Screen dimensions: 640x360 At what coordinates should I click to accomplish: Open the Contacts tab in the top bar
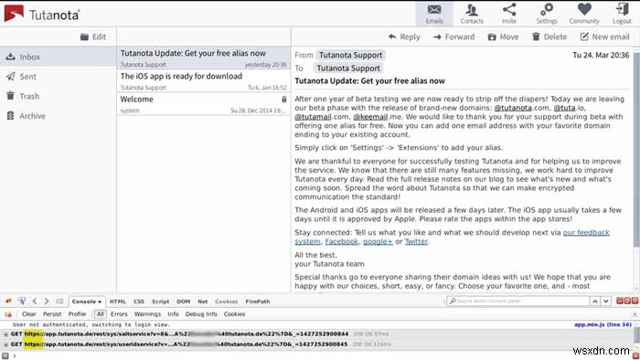click(472, 13)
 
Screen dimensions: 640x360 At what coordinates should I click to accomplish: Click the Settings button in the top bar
click(547, 13)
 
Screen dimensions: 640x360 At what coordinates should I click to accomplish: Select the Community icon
click(584, 13)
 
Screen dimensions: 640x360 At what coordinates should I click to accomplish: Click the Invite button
click(509, 13)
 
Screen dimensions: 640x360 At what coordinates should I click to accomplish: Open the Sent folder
click(28, 78)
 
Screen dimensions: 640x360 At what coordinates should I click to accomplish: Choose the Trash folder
click(29, 96)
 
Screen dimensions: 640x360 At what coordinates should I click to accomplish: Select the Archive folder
click(32, 116)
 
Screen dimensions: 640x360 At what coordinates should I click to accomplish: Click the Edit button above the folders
click(92, 37)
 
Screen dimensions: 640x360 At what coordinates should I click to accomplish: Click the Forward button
click(453, 37)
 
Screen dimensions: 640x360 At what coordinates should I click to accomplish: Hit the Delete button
click(549, 37)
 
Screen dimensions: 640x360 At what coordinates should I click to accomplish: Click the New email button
click(604, 37)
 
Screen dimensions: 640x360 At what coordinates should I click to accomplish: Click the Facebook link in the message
click(343, 241)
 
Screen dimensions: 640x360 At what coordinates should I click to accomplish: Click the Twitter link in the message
click(416, 241)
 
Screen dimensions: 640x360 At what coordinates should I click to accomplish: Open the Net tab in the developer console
click(202, 301)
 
